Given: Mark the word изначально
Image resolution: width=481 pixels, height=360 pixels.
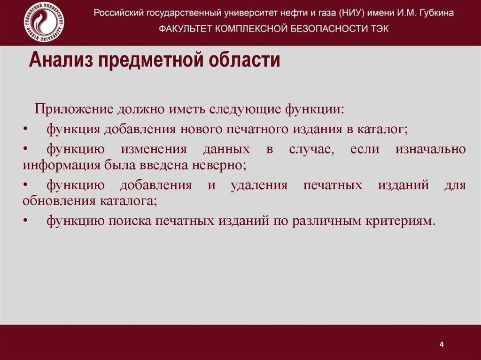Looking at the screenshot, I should [x=431, y=149].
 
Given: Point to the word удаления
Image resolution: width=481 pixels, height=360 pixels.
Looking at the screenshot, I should [x=259, y=185].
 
